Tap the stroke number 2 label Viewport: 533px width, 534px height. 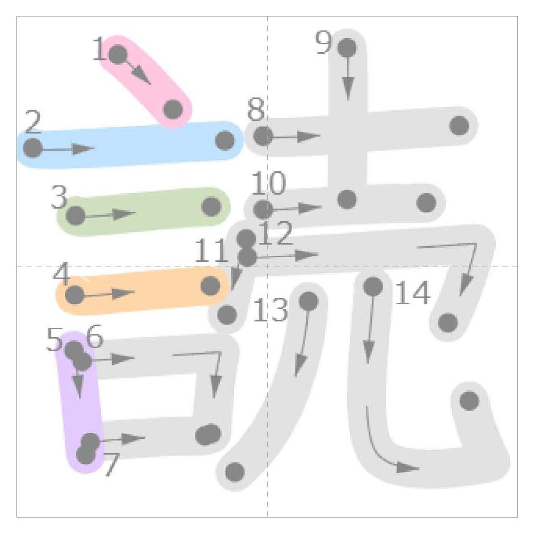point(33,121)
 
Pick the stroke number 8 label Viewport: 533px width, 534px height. point(256,109)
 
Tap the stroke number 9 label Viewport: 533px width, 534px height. point(323,42)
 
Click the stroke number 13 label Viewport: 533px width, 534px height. point(271,309)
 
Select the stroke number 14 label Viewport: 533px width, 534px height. point(412,292)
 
